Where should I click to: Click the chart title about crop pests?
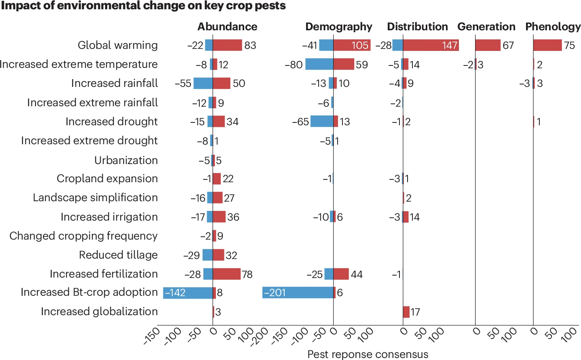pos(143,6)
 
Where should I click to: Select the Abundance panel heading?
pos(227,27)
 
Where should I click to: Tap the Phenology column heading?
pos(553,27)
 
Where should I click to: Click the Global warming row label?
pos(118,45)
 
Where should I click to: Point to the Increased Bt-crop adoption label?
pos(89,292)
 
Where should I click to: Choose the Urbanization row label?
pos(126,160)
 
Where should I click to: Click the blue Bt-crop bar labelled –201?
pos(298,293)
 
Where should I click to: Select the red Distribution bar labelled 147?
pos(431,45)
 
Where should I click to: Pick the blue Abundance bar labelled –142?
pos(188,293)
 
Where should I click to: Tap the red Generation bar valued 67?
pos(488,45)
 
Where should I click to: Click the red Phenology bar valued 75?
pos(547,45)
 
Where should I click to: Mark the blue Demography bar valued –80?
pos(319,64)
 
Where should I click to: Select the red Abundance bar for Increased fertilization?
pos(226,274)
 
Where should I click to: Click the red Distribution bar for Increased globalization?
pos(406,312)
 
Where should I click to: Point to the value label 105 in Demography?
pos(360,45)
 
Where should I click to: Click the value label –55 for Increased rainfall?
pos(183,84)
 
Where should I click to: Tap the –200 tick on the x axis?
pos(260,336)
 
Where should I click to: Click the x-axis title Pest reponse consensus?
pos(368,354)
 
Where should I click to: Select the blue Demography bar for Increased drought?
pos(321,121)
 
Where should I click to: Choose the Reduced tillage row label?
pos(118,255)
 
